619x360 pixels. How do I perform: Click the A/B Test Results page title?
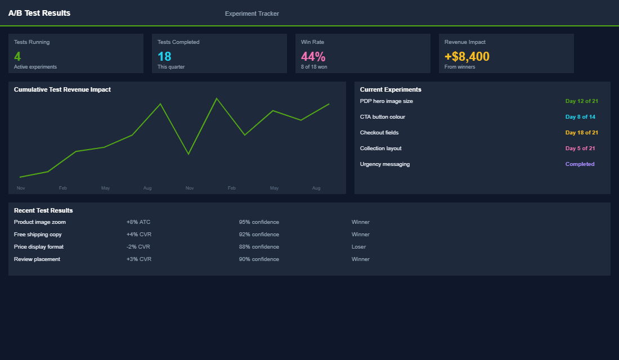coord(39,13)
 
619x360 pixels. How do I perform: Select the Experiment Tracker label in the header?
coord(252,13)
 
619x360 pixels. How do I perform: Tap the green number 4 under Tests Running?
coord(17,56)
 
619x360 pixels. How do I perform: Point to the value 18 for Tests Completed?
coord(164,56)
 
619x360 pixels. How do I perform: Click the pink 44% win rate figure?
coord(313,56)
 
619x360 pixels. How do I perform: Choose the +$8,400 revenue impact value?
coord(467,56)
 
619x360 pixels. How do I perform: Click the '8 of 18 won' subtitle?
coord(314,67)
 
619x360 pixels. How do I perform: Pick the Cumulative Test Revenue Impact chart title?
coord(62,89)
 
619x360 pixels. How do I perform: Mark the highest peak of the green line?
coord(217,98)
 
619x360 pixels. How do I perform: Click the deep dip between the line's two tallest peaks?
coord(189,154)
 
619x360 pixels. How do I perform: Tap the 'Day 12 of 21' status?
coord(581,101)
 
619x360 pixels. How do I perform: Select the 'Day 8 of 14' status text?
coord(580,117)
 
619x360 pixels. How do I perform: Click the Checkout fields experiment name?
coord(379,133)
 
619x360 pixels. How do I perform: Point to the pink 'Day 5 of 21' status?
coord(580,148)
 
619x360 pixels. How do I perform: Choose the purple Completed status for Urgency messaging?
coord(580,164)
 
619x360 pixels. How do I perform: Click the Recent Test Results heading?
coord(43,210)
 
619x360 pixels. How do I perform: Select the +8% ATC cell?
coord(138,222)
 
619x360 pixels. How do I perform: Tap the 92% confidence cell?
coord(259,235)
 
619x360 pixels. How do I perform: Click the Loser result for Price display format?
coord(358,247)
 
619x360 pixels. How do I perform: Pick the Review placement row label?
coord(37,259)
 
